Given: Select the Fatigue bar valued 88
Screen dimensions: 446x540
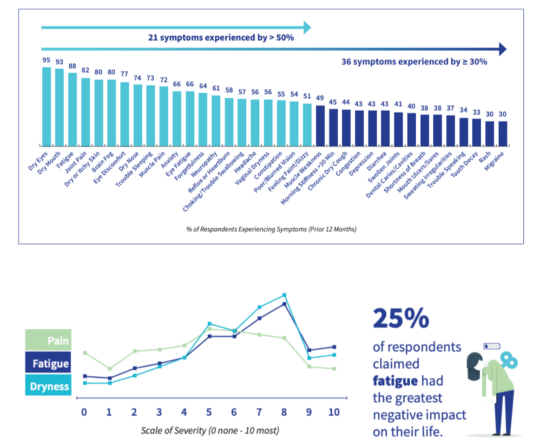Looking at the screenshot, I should pos(72,109).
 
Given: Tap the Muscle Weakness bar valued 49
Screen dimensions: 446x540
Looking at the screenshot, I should pos(320,125).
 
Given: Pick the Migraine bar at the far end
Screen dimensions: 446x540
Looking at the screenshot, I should pos(502,133).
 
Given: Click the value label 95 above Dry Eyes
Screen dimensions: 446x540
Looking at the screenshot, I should pos(46,60).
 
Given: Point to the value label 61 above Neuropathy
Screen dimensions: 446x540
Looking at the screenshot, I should pos(216,88).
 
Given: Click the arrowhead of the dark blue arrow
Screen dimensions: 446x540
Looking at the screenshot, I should pos(501,49).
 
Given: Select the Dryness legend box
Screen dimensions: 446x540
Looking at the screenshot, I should pos(48,386).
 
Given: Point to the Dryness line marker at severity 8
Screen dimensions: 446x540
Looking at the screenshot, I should pos(284,295).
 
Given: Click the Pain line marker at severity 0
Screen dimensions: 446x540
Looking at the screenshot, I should pos(85,353).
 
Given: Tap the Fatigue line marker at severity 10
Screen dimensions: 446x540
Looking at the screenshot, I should pos(335,347).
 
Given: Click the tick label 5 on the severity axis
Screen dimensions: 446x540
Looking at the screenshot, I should pos(209,413).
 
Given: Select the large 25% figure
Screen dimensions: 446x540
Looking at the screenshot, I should pos(401,319).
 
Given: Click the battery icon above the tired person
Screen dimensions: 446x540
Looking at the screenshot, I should pos(492,346).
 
